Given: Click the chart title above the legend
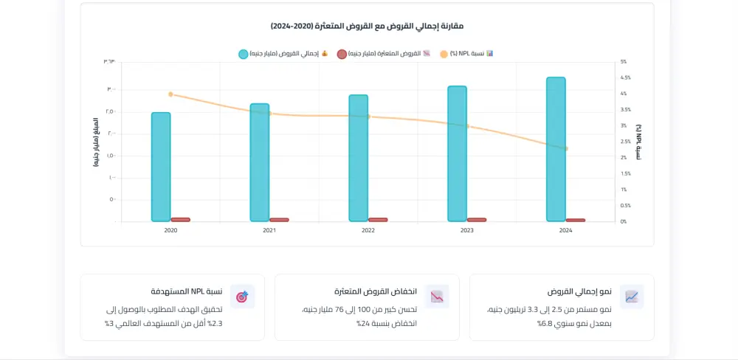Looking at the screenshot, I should pos(367,26).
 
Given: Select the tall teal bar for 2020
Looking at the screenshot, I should pos(161,167).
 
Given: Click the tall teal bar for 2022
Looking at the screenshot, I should pos(359,158).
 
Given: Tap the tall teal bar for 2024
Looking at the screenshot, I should pos(556,149).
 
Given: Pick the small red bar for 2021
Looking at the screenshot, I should pos(279,219).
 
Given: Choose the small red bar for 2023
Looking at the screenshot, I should pos(477,219).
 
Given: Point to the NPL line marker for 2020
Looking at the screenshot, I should pos(170,94).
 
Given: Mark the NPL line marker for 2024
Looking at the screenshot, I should pos(566,148).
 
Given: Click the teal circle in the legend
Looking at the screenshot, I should pos(244,54).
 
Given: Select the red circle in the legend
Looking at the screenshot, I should pos(342,54).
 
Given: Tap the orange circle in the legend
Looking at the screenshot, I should pos(444,54).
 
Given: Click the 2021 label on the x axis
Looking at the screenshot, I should pos(269,231).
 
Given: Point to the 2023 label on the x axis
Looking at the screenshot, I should pos(467,231).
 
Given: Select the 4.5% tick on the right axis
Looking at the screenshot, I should pos(626,77).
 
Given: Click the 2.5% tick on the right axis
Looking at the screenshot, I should pos(626,142).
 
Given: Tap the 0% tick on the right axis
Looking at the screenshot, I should pos(624,221).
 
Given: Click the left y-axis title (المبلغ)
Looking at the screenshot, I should pos(96,142).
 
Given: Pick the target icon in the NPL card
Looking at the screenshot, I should pos(242,297).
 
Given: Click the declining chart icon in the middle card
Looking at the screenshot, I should pos(437,297).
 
